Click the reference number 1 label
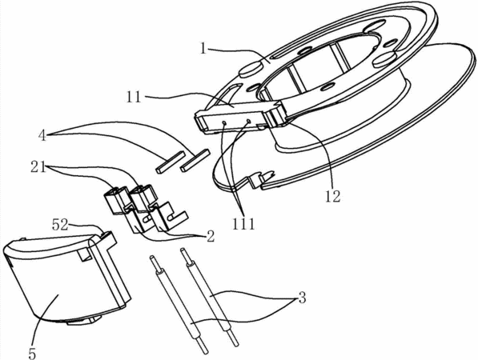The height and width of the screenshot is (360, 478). (203, 48)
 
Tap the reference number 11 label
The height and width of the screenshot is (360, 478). (134, 97)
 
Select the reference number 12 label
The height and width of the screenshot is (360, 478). (332, 197)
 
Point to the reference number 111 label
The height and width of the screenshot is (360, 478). (243, 225)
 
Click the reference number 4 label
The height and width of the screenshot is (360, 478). (42, 135)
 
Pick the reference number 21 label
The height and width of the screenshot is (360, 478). (38, 167)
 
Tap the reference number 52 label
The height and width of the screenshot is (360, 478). (60, 225)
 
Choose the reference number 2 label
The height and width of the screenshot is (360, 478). (211, 236)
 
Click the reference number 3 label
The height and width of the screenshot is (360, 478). (302, 298)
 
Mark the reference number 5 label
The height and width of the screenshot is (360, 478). (32, 354)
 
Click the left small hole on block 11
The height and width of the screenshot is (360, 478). (224, 122)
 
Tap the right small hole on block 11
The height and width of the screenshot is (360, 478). (249, 121)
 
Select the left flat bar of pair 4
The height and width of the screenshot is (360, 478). (170, 162)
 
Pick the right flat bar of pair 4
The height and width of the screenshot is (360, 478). (195, 160)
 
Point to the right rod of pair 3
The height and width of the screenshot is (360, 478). (209, 297)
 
